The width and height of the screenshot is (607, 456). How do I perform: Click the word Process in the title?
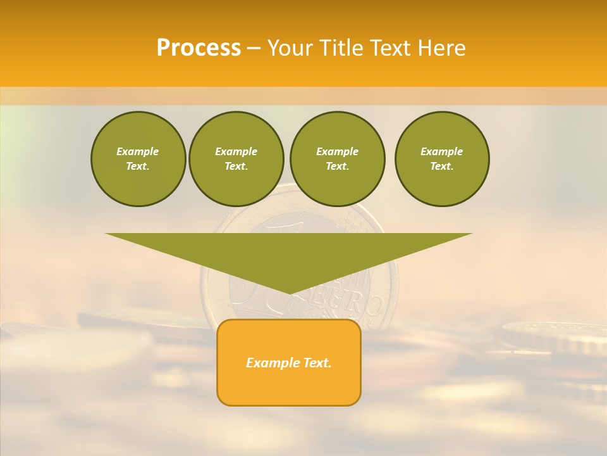click(x=199, y=48)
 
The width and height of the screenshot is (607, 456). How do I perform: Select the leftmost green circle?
click(x=138, y=159)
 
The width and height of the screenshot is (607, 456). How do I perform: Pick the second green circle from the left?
click(x=236, y=159)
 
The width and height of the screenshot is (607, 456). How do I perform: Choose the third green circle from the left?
click(x=337, y=159)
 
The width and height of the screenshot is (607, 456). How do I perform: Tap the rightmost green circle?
click(x=441, y=159)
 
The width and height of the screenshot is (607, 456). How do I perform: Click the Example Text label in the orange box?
click(x=289, y=363)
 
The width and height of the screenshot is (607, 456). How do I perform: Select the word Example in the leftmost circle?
click(x=138, y=151)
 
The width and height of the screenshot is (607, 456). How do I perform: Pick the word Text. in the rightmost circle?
click(x=441, y=167)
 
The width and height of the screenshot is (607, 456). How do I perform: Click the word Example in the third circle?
click(x=337, y=151)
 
